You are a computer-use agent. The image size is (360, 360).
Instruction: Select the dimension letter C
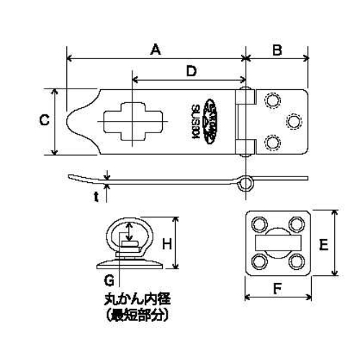point(42,122)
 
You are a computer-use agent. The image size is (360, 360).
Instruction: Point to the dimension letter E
point(325,244)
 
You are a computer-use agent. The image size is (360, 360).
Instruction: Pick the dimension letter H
point(166,244)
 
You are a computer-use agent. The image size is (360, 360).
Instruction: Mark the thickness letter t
point(96,194)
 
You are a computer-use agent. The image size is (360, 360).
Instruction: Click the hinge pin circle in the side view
point(247,182)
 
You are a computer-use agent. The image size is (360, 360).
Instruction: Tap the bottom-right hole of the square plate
point(296,261)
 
